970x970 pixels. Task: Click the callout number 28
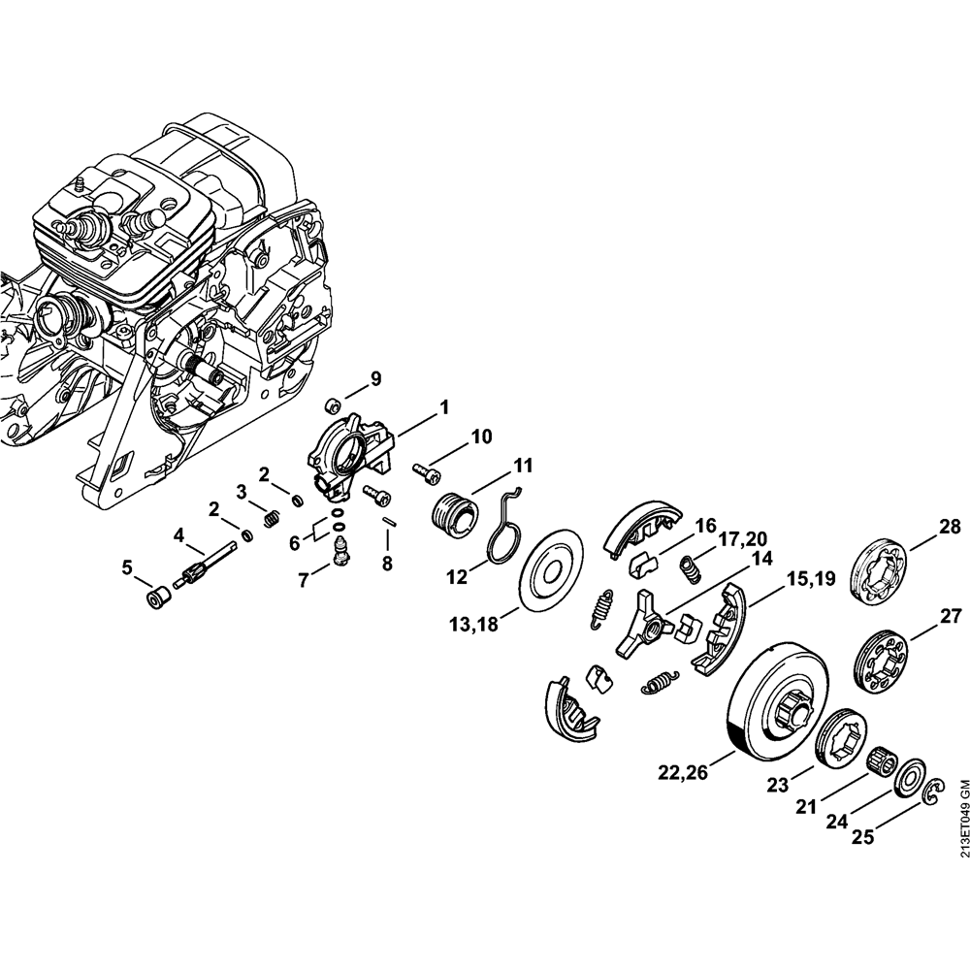point(950,527)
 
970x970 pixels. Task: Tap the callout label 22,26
point(683,773)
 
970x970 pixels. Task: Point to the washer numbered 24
point(910,777)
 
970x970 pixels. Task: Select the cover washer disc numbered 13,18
point(548,569)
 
